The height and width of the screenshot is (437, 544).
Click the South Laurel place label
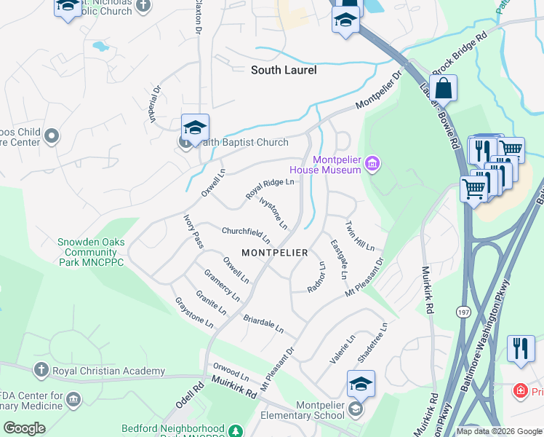coord(284,71)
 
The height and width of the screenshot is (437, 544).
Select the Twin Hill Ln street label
coord(359,235)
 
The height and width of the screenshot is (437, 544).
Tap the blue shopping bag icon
coord(443,89)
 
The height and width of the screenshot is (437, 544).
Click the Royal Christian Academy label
coord(109,371)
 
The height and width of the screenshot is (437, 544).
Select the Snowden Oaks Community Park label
coord(91,252)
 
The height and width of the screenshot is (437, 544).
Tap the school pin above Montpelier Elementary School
coord(361,384)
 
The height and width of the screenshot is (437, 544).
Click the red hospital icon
coord(519,391)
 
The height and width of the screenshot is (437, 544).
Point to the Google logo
coord(25,428)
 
